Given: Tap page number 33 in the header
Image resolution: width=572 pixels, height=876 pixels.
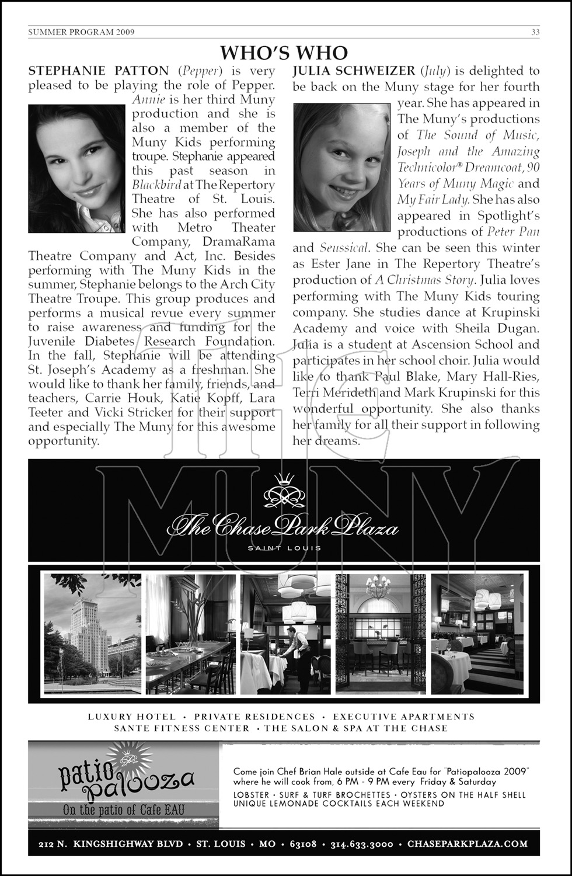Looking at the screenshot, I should coord(535,32).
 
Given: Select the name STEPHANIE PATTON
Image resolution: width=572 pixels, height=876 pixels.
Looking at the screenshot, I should coord(98,71).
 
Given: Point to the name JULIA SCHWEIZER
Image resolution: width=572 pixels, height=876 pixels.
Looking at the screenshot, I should coord(354,71).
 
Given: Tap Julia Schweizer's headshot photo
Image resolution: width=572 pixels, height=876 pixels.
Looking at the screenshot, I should coord(342,167).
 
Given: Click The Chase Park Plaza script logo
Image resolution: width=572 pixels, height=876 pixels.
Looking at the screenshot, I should coord(283,528).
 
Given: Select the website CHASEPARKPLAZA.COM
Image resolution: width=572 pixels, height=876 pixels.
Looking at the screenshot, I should coord(468,844).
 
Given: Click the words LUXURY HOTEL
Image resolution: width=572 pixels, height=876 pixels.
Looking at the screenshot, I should coord(131,717).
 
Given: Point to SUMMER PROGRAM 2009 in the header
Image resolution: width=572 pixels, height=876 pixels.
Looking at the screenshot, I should coord(81,32).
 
